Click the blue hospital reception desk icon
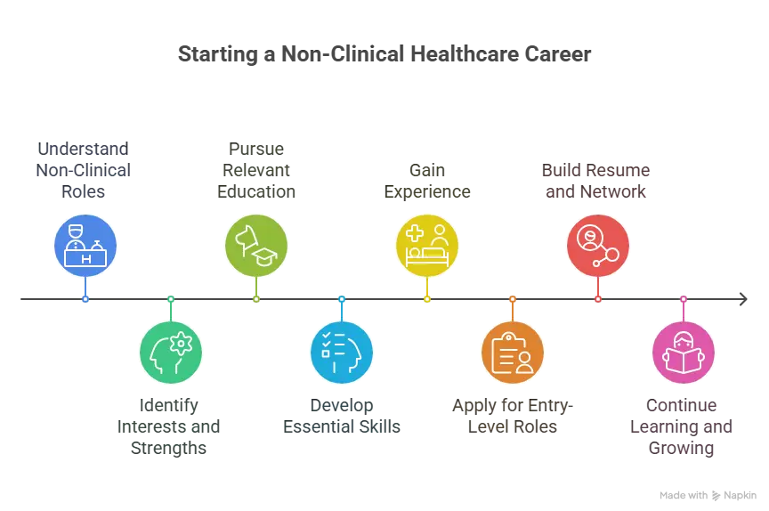click(85, 245)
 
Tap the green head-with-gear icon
click(171, 353)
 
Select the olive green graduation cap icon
click(256, 245)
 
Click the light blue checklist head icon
click(342, 353)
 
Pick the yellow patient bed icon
click(427, 245)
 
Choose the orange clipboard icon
click(513, 353)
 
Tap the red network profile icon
click(598, 245)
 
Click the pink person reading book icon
click(684, 353)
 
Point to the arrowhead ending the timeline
click(743, 299)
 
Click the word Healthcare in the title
click(464, 54)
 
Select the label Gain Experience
click(427, 181)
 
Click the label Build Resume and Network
click(595, 181)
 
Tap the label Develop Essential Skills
click(342, 416)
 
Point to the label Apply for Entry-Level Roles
click(513, 416)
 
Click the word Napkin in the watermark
click(740, 495)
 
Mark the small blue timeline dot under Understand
click(85, 299)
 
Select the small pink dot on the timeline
click(684, 299)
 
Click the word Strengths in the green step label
click(169, 448)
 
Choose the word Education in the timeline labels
click(256, 191)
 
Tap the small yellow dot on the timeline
click(427, 299)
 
